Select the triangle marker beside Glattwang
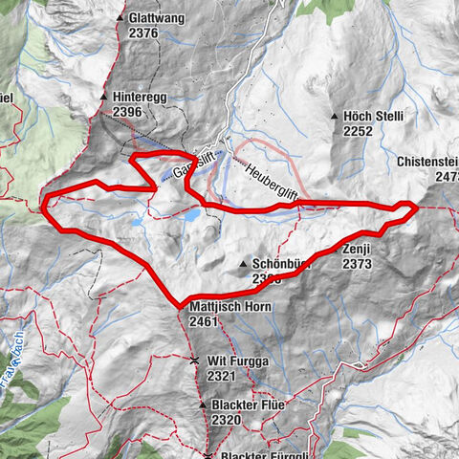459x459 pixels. pos(120,18)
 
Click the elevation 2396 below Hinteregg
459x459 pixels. pos(127,113)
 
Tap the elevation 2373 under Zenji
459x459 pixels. pos(357,263)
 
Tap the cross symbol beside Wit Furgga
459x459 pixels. pos(194,361)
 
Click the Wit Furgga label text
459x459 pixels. pos(234,361)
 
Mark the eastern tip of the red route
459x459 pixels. pos(417,206)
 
